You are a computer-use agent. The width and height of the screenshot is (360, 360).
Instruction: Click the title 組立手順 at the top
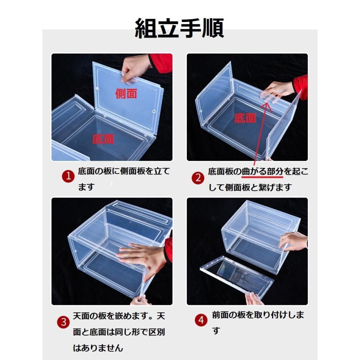pos(179,28)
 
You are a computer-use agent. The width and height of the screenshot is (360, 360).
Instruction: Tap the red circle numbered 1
pos(68,176)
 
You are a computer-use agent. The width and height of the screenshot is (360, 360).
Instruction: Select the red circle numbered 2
pos(198,178)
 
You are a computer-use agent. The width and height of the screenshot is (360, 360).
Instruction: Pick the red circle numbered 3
pos(63,322)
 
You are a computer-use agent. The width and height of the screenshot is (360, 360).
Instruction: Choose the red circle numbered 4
pos(201,320)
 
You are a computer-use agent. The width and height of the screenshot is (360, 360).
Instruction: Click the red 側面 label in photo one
pos(126,94)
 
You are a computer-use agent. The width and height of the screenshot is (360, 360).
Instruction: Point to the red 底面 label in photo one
pos(103,139)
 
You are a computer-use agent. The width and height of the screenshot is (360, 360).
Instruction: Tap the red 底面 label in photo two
pos(245,118)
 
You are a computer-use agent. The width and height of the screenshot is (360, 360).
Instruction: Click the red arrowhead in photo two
pos(266,106)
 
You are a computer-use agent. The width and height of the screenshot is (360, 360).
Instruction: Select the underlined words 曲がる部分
pos(262,172)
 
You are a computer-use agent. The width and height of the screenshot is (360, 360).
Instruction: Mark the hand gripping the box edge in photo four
pos(293,242)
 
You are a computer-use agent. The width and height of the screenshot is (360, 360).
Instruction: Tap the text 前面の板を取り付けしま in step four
pos(258,315)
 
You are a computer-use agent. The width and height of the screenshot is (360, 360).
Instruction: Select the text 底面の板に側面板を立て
pos(124,171)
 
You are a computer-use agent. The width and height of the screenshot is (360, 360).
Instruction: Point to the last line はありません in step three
pos(98,348)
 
